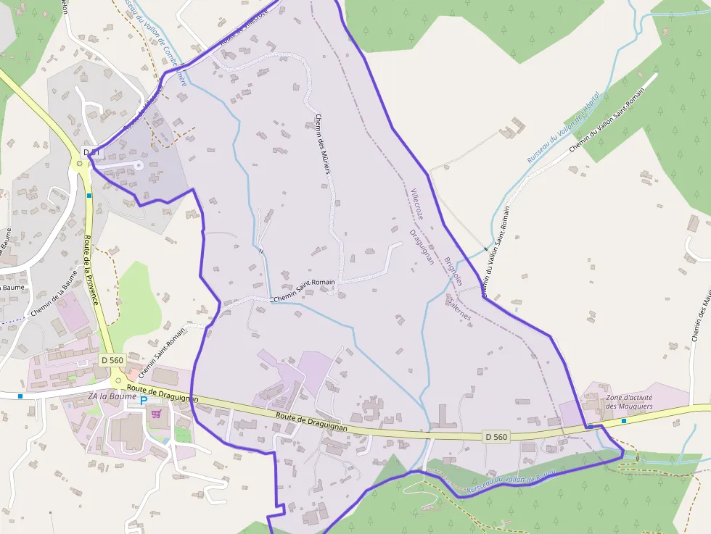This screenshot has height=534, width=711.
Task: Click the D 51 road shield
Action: tap(91, 152)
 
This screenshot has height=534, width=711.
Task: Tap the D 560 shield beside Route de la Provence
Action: tap(113, 360)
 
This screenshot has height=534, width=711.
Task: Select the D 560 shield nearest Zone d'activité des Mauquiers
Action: tap(496, 437)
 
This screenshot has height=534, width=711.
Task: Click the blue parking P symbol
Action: tap(144, 400)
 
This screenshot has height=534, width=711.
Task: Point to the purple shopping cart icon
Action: tap(156, 414)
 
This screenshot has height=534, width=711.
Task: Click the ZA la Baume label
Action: tap(112, 397)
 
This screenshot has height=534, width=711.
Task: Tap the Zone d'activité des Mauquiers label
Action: tap(630, 402)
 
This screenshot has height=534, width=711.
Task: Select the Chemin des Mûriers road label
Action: tap(323, 145)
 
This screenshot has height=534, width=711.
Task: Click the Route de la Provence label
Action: tap(91, 271)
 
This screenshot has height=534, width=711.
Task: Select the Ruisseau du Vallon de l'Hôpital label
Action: tap(563, 128)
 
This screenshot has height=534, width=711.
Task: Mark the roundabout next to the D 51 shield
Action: tap(79, 163)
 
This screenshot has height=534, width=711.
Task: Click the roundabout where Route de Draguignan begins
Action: tap(118, 380)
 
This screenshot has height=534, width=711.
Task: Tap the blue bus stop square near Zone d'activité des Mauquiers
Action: tap(624, 420)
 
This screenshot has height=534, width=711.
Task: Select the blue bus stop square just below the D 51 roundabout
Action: tap(89, 195)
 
